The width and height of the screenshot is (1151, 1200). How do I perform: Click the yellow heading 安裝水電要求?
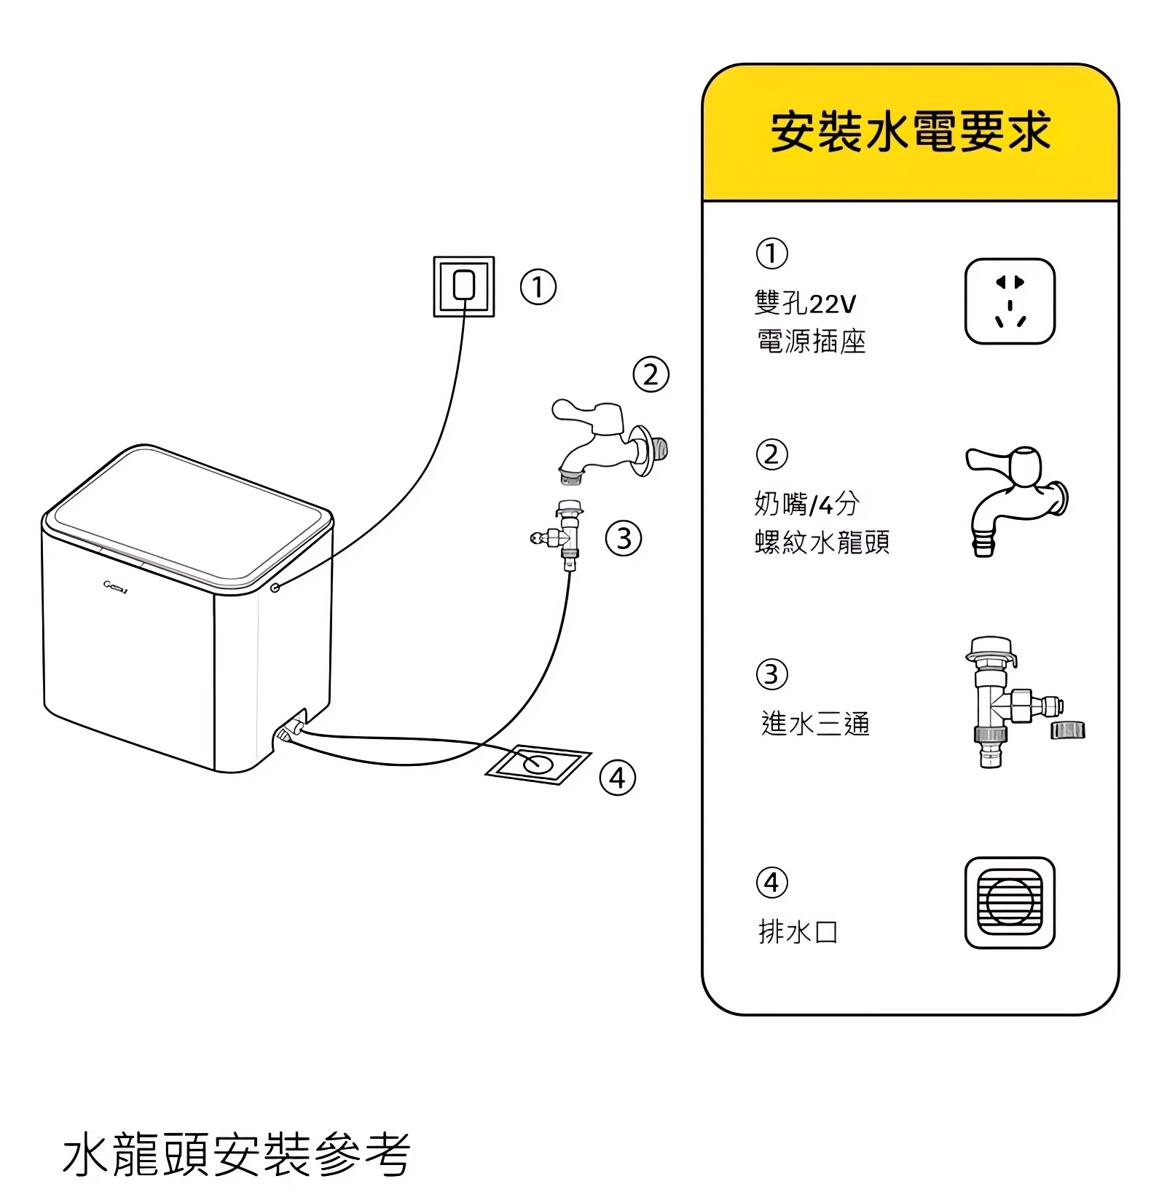(x=910, y=133)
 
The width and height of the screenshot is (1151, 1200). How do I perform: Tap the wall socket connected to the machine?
(x=464, y=286)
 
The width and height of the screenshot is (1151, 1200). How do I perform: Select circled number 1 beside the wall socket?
(x=538, y=287)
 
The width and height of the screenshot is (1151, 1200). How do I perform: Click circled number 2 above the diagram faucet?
(x=651, y=374)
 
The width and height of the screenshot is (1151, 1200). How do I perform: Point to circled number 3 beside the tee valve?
(x=624, y=539)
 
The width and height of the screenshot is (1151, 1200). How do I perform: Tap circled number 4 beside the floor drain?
(x=617, y=778)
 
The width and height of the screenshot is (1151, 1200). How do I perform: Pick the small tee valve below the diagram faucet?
(x=565, y=536)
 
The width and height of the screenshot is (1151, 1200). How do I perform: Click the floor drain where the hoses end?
(x=538, y=764)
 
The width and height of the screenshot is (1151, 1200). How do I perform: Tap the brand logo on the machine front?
(x=116, y=585)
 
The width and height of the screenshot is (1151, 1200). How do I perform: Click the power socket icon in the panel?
(x=1010, y=301)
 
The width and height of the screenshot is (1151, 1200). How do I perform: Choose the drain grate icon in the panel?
(x=1010, y=902)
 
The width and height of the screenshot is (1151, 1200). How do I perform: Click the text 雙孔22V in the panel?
(x=805, y=303)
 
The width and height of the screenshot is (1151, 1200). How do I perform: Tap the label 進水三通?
(x=815, y=724)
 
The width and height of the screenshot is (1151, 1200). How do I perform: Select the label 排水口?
(x=798, y=931)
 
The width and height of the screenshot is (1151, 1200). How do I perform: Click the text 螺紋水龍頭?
(x=822, y=542)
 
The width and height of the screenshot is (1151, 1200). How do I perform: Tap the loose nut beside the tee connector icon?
(x=1067, y=730)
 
